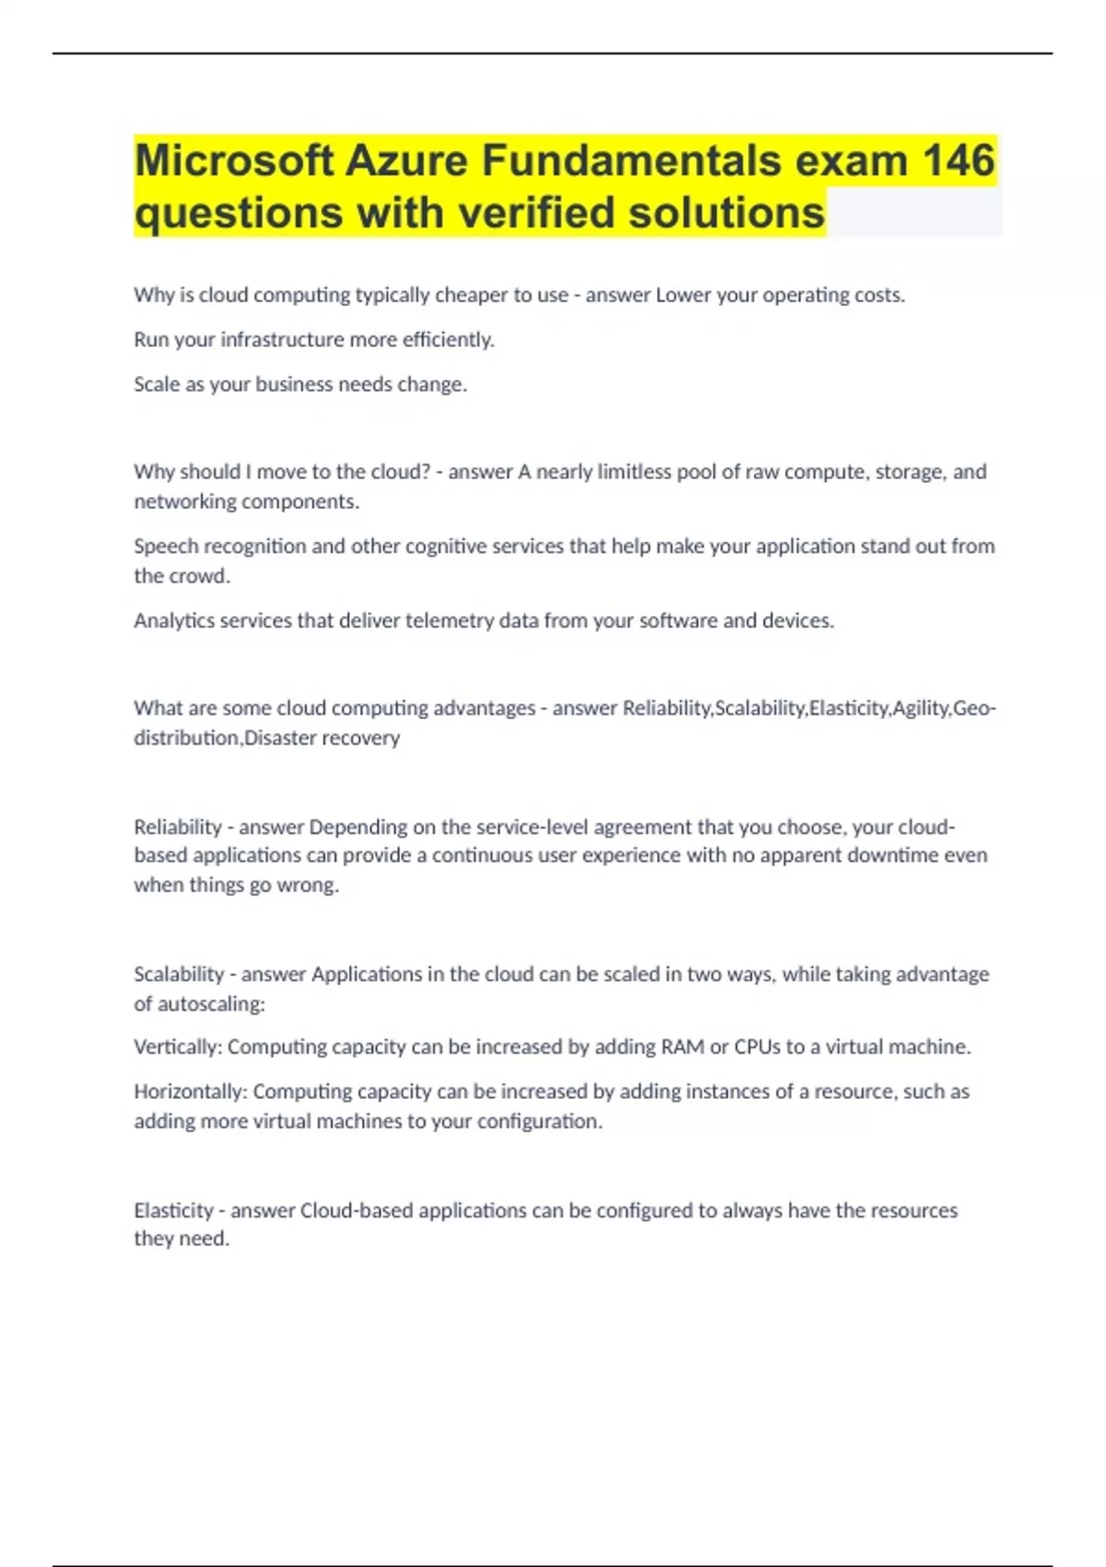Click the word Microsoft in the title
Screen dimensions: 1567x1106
[234, 161]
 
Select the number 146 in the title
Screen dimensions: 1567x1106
[959, 161]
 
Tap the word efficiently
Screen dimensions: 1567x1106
[449, 340]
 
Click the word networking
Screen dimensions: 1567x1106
[184, 501]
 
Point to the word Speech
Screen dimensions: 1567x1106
[165, 547]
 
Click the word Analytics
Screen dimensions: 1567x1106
[176, 621]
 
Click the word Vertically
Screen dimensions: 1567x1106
[178, 1047]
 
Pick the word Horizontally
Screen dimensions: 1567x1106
[190, 1091]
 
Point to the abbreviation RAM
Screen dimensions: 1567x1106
[683, 1047]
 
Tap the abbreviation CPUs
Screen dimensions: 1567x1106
[757, 1047]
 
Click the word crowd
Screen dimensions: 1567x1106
[200, 576]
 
